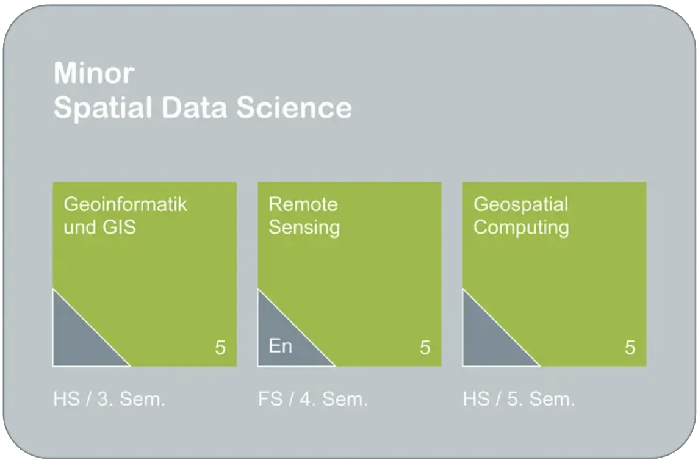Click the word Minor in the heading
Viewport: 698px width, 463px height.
click(94, 73)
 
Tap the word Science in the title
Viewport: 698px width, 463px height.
click(294, 108)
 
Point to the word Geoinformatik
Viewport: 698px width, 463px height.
click(126, 204)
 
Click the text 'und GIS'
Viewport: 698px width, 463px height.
click(99, 227)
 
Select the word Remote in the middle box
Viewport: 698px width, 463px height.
click(303, 204)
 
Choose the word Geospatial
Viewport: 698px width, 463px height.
click(521, 205)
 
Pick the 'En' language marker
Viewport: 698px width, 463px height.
click(281, 346)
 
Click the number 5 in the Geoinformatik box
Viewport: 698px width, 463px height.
click(220, 348)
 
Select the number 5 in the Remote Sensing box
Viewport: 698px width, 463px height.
click(425, 348)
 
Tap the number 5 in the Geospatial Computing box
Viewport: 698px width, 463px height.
click(630, 348)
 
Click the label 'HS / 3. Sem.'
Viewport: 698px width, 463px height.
click(109, 400)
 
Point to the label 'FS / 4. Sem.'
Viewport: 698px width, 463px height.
click(313, 400)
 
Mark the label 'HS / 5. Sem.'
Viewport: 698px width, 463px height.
click(519, 400)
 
